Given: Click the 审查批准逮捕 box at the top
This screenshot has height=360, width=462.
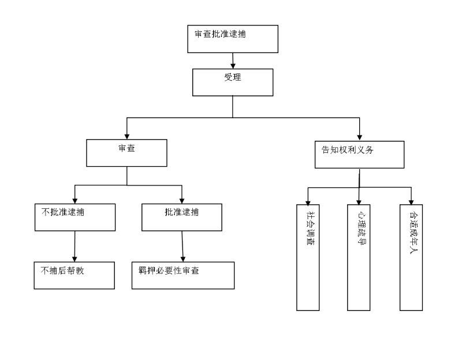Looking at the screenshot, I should (233, 39).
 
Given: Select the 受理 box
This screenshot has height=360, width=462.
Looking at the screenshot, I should (233, 82).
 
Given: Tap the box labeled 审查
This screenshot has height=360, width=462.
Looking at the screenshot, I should (126, 153).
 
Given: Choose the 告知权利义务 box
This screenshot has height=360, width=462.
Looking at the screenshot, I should (359, 154).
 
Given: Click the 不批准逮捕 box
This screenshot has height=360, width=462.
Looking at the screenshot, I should (74, 217).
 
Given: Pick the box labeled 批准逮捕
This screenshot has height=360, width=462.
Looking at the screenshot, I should (182, 217).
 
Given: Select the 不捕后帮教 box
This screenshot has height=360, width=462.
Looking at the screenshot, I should (74, 275).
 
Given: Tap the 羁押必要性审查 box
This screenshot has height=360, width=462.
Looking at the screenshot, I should (183, 275).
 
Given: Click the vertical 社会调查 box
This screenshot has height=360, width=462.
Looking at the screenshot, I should (308, 257).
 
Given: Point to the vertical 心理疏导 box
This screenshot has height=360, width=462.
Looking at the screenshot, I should (359, 257).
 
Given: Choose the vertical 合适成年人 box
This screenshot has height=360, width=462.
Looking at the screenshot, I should (411, 257).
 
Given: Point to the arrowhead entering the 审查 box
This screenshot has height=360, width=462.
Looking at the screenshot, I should (127, 135).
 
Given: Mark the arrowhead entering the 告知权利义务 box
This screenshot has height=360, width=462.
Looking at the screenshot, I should (360, 136).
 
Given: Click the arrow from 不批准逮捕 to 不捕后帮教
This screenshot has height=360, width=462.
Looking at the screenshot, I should (74, 246).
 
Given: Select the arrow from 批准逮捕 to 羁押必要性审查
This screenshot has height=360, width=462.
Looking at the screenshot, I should (182, 246).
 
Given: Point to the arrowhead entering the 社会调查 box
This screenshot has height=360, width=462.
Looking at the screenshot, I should (308, 201).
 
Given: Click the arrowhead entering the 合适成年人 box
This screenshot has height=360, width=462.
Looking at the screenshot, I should (411, 201).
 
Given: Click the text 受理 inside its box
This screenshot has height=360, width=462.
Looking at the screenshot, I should (233, 77).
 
